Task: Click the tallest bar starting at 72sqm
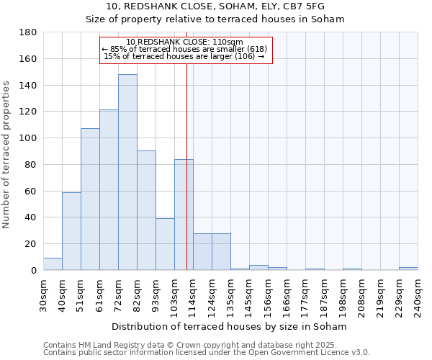pyautogui.click(x=127, y=173)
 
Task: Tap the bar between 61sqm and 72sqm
pyautogui.click(x=109, y=190)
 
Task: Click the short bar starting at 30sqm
pyautogui.click(x=53, y=264)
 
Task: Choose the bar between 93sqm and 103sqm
pyautogui.click(x=165, y=244)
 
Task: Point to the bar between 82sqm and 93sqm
pyautogui.click(x=146, y=210)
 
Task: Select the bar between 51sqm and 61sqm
pyautogui.click(x=90, y=199)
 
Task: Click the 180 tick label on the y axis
pyautogui.click(x=29, y=32)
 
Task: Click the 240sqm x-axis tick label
pyautogui.click(x=418, y=295)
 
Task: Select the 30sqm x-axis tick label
pyautogui.click(x=43, y=295)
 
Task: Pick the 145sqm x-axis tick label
pyautogui.click(x=249, y=295)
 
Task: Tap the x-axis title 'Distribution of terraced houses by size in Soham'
pyautogui.click(x=230, y=327)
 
